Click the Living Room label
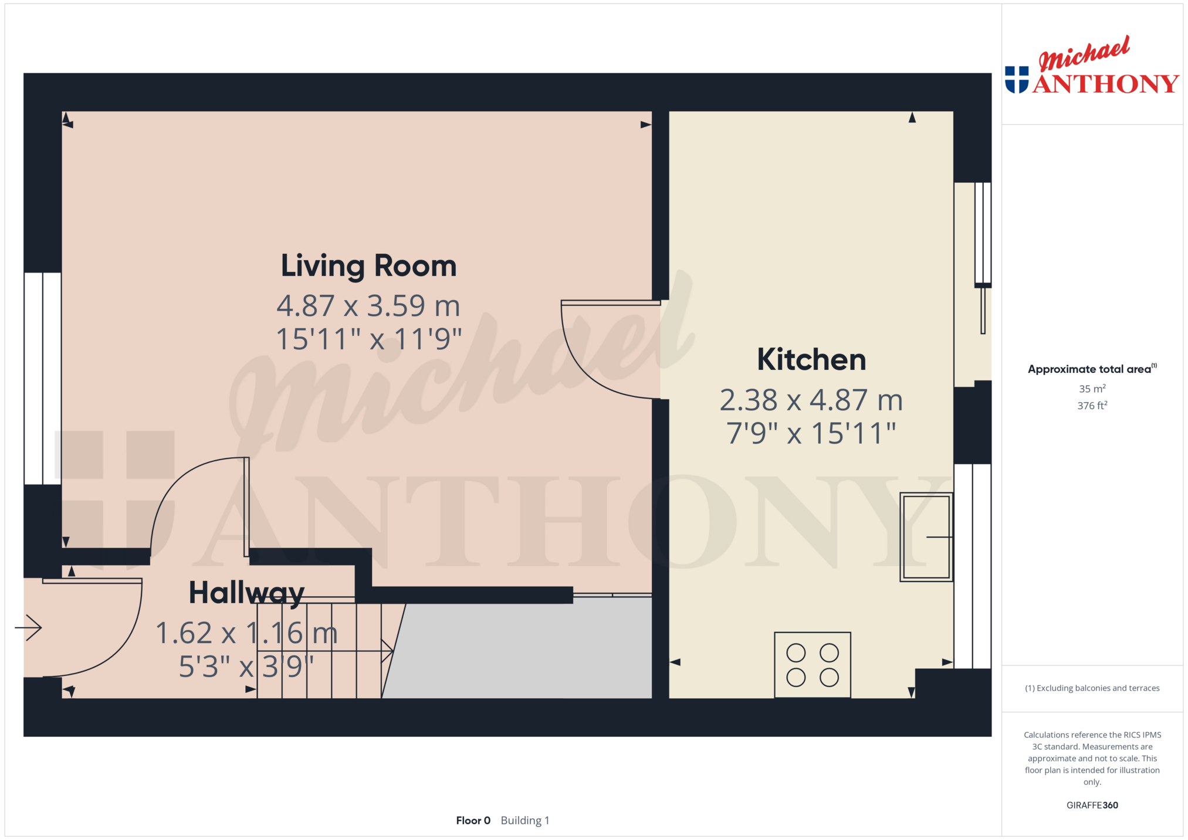click(368, 266)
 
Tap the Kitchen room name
click(811, 359)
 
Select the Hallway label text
click(246, 593)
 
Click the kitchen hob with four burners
click(813, 665)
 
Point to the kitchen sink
click(926, 537)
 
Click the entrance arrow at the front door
click(28, 628)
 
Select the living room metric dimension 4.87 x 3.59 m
click(368, 305)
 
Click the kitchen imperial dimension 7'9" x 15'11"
click(811, 434)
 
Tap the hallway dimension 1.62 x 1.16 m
click(246, 633)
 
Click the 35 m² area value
click(1092, 389)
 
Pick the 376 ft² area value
click(1092, 405)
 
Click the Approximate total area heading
click(1092, 369)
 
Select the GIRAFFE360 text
click(1092, 805)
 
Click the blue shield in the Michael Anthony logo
click(1017, 80)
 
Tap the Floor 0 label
click(473, 820)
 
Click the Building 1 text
click(525, 820)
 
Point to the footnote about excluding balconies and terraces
click(1092, 688)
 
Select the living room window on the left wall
click(43, 379)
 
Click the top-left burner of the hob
click(796, 652)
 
